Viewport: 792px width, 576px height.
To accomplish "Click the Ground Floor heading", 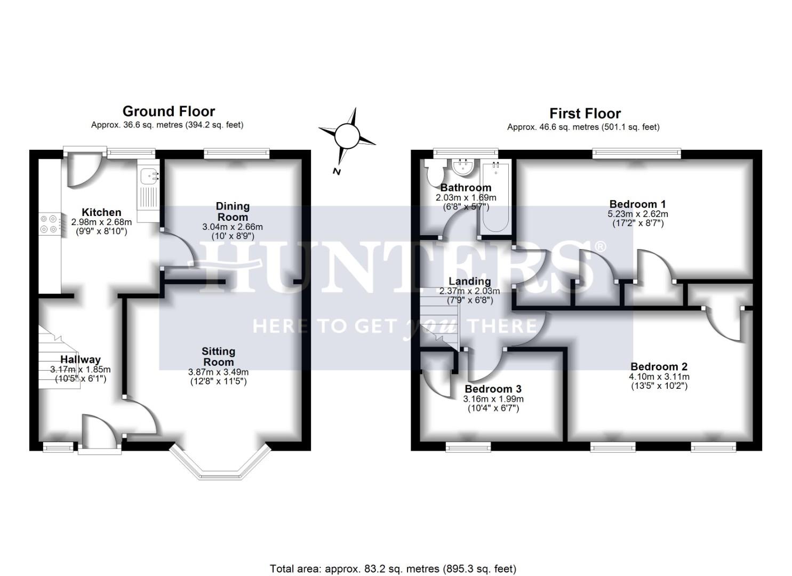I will [169, 111].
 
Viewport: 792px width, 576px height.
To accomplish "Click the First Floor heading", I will [585, 114].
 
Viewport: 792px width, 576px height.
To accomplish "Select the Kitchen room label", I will [101, 212].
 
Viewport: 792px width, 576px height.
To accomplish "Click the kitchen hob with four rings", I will [49, 223].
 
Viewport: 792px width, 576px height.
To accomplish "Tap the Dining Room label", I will [233, 211].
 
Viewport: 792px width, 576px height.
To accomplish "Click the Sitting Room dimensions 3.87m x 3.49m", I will [218, 372].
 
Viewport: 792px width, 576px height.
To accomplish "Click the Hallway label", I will [80, 359].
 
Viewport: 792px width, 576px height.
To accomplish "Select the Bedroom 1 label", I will [637, 204].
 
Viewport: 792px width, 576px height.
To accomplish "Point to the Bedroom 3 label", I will [493, 389].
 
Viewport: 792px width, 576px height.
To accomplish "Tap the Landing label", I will [469, 281].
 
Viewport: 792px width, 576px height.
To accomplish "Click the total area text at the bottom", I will [393, 569].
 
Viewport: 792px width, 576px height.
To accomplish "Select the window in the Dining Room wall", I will [236, 154].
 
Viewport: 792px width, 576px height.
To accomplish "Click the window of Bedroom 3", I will [468, 446].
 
